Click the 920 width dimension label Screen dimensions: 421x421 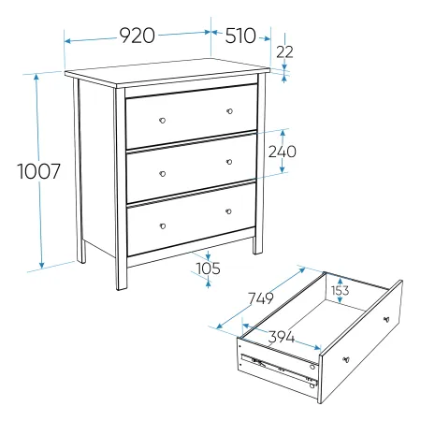pos(138,36)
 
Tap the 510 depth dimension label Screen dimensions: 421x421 pos(240,36)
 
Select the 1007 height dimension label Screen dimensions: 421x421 pos(38,171)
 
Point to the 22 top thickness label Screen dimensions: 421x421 pos(284,51)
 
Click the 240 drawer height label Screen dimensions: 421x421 pos(283,152)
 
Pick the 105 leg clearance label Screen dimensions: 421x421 pos(208,269)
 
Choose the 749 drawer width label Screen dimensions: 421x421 pos(261,298)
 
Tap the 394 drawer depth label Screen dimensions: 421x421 pos(282,337)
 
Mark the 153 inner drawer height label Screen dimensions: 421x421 pos(340,291)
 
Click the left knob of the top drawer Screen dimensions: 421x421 pos(163,121)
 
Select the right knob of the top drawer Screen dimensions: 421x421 pos(230,111)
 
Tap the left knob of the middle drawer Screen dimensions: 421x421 pos(163,174)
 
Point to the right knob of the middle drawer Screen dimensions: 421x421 pos(229,162)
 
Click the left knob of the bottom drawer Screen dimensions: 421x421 pos(163,226)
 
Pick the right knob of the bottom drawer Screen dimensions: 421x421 pos(228,211)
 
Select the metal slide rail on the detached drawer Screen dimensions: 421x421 pos(279,370)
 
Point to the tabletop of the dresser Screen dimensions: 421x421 pos(167,73)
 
